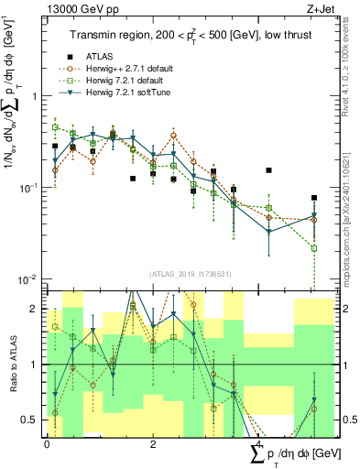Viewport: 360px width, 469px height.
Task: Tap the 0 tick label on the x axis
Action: tap(47, 442)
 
